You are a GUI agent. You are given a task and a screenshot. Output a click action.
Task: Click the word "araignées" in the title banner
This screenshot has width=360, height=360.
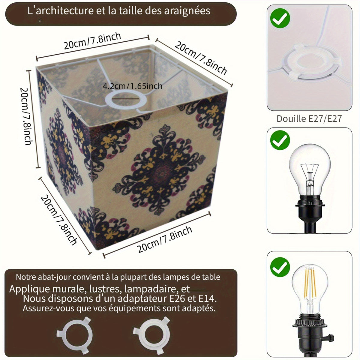[187, 11]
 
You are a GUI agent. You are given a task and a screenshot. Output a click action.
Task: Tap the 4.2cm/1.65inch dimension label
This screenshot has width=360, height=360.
[133, 86]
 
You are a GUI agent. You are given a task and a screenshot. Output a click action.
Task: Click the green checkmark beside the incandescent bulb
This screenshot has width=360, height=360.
[280, 140]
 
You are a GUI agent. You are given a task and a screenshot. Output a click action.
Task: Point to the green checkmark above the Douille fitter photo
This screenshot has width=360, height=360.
[280, 18]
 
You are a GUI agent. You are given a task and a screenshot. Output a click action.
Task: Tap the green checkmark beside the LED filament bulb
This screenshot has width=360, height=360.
[280, 267]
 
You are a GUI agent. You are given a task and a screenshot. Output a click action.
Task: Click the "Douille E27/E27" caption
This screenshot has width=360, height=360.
[309, 118]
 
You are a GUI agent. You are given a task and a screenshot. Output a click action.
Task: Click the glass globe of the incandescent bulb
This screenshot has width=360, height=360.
[310, 170]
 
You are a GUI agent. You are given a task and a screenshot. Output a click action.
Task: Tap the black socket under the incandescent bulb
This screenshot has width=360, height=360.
[310, 213]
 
